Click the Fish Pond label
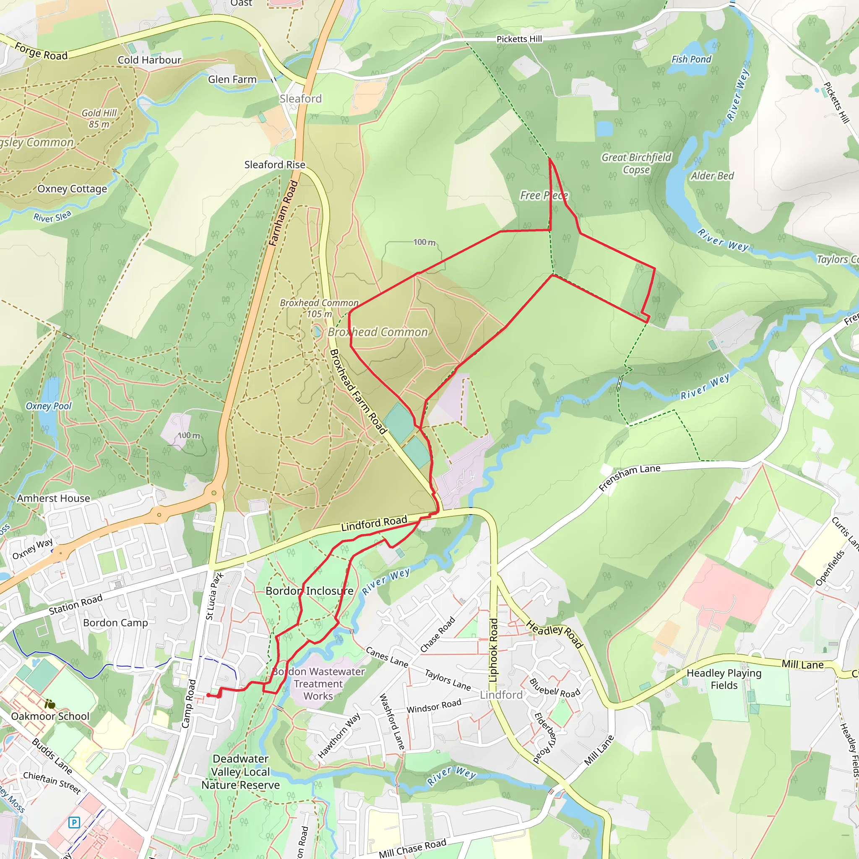click(691, 59)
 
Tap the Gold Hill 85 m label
click(99, 119)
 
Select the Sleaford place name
click(301, 99)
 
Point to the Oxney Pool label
click(49, 406)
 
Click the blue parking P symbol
click(74, 822)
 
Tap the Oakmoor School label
click(50, 716)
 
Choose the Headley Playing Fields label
click(724, 679)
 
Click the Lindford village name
click(501, 695)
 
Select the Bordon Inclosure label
click(310, 591)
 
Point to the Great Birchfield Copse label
click(636, 163)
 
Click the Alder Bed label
click(712, 176)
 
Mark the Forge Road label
click(41, 51)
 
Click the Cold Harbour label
click(149, 60)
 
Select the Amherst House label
click(53, 498)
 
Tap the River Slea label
click(52, 216)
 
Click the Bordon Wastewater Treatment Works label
click(318, 684)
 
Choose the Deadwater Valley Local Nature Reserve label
click(240, 772)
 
